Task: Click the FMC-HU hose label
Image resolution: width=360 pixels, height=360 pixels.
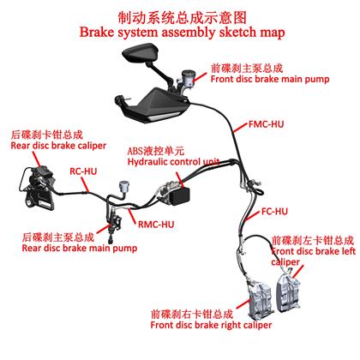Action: tap(266, 124)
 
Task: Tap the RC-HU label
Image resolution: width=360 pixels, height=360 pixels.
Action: tap(83, 171)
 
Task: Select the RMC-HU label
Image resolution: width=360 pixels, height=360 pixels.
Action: tap(156, 225)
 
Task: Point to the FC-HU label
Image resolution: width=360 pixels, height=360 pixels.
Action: tap(274, 212)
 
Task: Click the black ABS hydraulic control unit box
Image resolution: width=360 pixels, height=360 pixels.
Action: tap(179, 195)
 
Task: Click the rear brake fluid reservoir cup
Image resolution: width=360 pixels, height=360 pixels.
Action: tap(124, 187)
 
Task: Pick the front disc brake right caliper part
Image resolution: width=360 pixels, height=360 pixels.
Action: tap(260, 300)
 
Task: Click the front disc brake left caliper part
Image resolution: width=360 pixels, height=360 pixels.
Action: tap(288, 293)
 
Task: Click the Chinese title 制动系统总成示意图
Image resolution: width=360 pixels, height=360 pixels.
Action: tap(182, 18)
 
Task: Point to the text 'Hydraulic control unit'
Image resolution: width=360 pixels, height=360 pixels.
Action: tap(173, 162)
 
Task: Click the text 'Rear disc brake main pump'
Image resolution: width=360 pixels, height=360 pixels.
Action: tap(80, 248)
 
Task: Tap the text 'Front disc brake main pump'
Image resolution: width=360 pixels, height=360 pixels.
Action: tap(270, 79)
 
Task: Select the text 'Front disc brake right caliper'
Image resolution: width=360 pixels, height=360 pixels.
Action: tap(211, 325)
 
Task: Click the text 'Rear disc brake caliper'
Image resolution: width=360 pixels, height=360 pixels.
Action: tap(58, 146)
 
